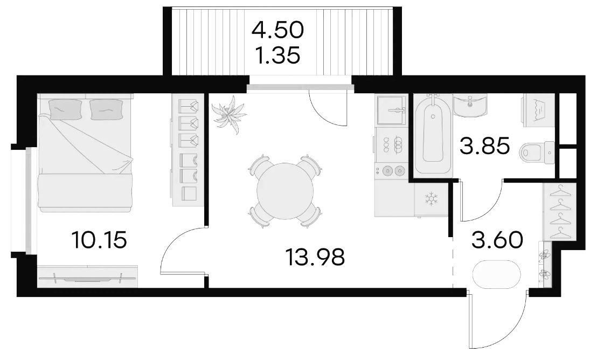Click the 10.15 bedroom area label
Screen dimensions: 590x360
coord(99,240)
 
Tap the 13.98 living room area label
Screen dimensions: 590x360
coord(315,257)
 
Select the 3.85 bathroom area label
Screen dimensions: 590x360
coord(484,146)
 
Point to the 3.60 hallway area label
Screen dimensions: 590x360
coord(497,240)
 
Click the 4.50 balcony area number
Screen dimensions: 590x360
coord(277,30)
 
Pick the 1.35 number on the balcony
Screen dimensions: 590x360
coord(277,56)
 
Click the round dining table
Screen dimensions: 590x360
coord(285,191)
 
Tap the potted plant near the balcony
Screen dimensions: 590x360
coord(229,114)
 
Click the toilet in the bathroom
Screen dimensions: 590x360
coord(537,153)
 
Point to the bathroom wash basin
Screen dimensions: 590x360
coord(470,105)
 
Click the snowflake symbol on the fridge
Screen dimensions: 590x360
coord(431,199)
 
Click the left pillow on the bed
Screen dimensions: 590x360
coord(65,109)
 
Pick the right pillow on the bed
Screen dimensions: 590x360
coord(107,109)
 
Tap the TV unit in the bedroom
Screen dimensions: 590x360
coord(87,276)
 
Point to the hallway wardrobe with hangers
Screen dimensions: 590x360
coord(559,211)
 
